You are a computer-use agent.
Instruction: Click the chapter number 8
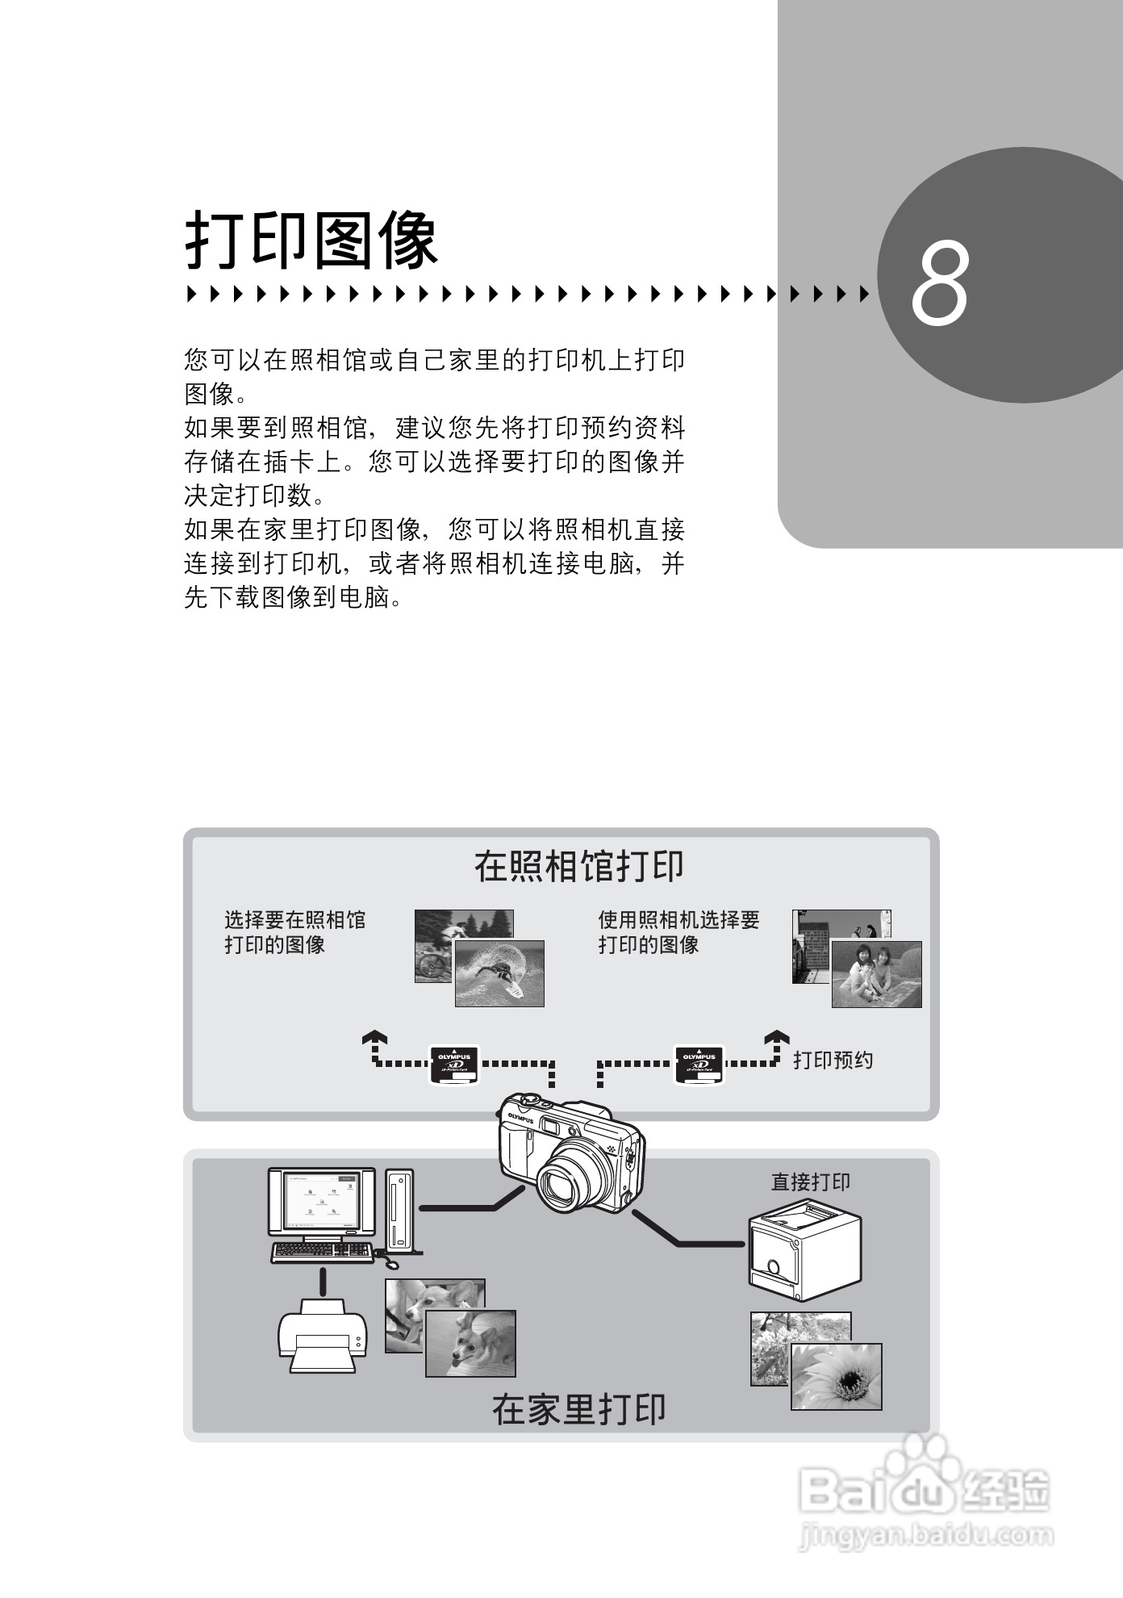pyautogui.click(x=939, y=284)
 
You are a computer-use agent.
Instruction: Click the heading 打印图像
pyautogui.click(x=313, y=241)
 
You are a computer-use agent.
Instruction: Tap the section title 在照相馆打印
pyautogui.click(x=578, y=866)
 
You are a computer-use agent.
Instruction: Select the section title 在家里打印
pyautogui.click(x=578, y=1409)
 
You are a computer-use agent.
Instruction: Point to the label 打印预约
pyautogui.click(x=833, y=1060)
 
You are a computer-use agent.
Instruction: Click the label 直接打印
pyautogui.click(x=810, y=1182)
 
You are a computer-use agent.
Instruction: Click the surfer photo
pyautogui.click(x=499, y=974)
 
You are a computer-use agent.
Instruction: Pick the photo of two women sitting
pyautogui.click(x=876, y=974)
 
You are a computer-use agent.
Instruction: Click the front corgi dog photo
pyautogui.click(x=470, y=1343)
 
